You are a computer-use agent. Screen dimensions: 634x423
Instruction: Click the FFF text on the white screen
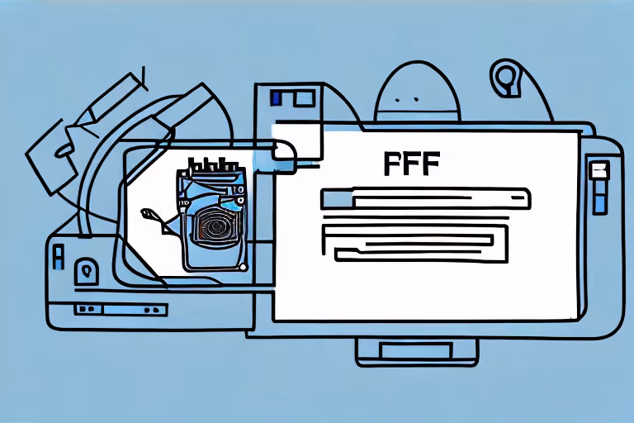click(411, 164)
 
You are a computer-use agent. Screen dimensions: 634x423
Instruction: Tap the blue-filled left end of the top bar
click(337, 199)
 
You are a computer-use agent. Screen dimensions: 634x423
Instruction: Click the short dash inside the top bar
click(517, 198)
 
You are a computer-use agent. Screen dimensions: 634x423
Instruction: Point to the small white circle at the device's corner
click(243, 267)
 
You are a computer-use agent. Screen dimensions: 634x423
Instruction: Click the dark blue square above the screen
click(277, 98)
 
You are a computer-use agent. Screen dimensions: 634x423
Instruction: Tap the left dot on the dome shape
click(397, 99)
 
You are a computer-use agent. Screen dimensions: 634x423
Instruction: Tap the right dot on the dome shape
click(415, 99)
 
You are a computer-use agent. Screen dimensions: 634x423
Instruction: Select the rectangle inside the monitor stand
click(416, 350)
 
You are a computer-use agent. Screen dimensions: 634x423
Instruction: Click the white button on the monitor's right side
click(600, 170)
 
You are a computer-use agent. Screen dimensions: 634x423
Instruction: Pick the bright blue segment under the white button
click(600, 203)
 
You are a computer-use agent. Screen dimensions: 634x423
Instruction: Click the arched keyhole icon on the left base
click(86, 271)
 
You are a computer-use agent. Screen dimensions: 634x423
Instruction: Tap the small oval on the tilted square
click(64, 150)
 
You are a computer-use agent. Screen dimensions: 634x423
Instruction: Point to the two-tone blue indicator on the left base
click(59, 257)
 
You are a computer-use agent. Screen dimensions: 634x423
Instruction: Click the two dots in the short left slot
click(85, 309)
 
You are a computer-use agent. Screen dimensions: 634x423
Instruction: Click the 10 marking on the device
click(239, 190)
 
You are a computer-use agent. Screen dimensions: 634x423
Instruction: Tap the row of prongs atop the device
click(213, 164)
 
